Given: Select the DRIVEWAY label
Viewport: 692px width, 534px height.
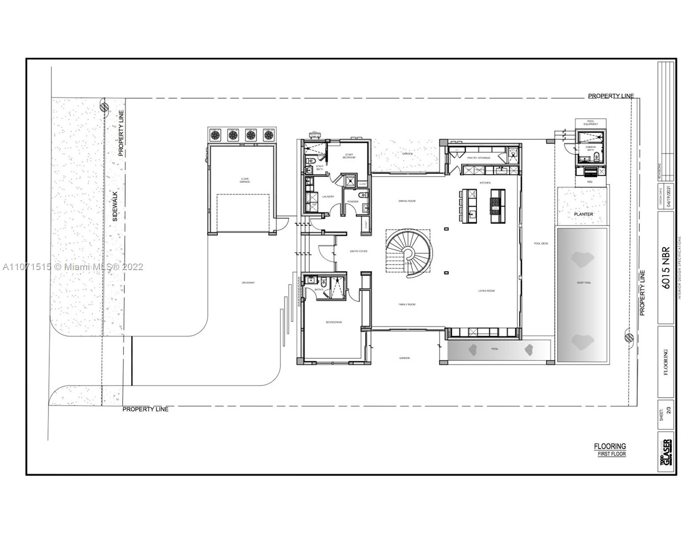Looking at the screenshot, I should pos(248,283).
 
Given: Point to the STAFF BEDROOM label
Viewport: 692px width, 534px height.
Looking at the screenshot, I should pos(349,156).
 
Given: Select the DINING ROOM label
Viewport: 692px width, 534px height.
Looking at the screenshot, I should pos(407,201).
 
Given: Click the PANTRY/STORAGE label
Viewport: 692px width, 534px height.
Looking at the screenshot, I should pos(479,158).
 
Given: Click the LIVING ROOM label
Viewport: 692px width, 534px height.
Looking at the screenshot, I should pos(487,291).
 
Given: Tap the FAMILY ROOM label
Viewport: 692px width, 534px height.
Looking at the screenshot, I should pos(407,304).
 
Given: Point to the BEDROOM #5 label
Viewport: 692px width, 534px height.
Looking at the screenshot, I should pos(333,322).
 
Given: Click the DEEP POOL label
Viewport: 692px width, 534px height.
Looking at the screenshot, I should pos(584,283).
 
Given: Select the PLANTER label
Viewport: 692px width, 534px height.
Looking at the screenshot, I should pos(583,214).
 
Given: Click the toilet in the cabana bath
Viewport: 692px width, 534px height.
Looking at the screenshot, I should pos(598,156).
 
